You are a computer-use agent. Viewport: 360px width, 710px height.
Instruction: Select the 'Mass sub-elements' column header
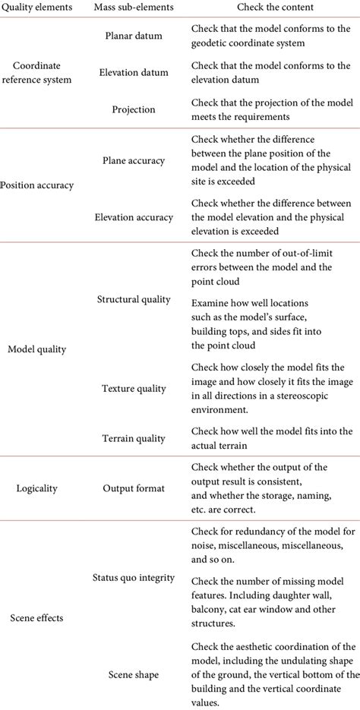click(134, 8)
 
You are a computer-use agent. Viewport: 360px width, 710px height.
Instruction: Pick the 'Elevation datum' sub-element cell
click(134, 74)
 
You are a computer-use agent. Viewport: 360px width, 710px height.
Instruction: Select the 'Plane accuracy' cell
click(134, 160)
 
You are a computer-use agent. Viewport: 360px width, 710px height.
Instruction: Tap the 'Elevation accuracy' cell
click(134, 217)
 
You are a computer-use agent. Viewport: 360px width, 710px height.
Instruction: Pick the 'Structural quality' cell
click(134, 299)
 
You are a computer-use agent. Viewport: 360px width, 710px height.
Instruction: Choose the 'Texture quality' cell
click(134, 389)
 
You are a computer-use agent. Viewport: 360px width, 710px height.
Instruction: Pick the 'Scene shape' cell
click(134, 675)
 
